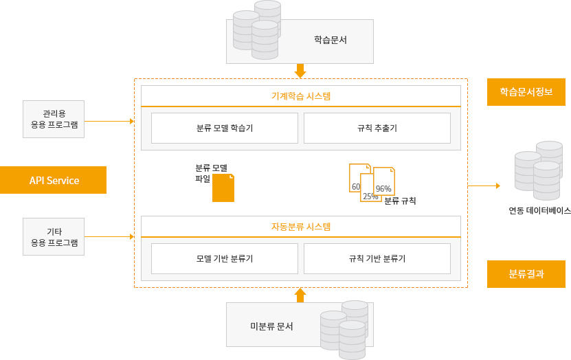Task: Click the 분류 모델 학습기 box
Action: [x=225, y=128]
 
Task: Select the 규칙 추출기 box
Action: [x=377, y=128]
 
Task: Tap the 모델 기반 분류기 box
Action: [x=225, y=258]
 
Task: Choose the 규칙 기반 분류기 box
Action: [x=377, y=258]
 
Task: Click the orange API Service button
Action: [x=54, y=180]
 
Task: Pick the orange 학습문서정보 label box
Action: [x=526, y=92]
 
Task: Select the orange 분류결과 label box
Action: [x=526, y=273]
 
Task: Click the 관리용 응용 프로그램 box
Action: [x=54, y=119]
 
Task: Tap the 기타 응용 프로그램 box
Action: [x=54, y=236]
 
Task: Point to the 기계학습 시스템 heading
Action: [x=300, y=96]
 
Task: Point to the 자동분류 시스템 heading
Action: [x=300, y=226]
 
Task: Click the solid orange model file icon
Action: [x=223, y=188]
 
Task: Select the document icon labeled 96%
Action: [x=384, y=182]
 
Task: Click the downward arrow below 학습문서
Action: [x=300, y=71]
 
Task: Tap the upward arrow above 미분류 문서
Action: [x=300, y=295]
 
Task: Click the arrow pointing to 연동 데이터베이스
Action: [x=484, y=185]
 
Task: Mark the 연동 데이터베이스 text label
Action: [x=539, y=210]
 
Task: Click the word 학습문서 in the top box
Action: [x=331, y=40]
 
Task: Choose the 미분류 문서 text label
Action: [x=271, y=326]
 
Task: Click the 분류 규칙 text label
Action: [x=400, y=201]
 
